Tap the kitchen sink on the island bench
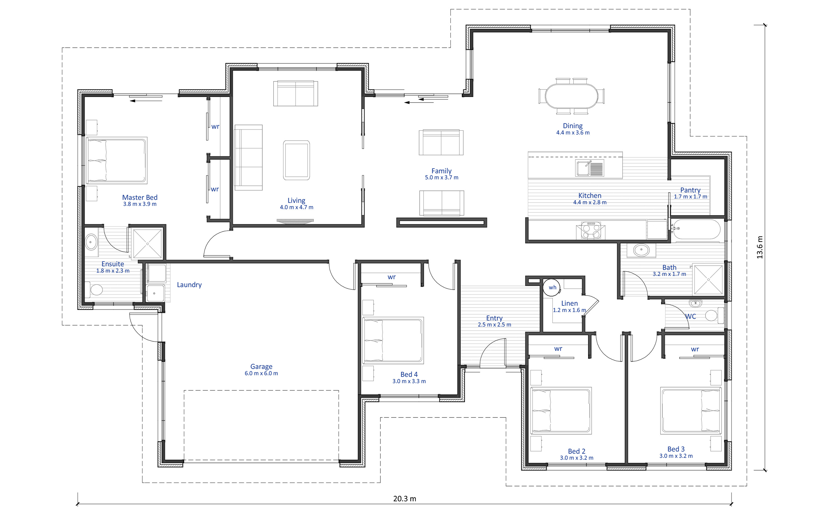coord(589,168)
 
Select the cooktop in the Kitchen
coord(591,230)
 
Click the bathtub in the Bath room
coord(696,229)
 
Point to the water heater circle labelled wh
coord(552,287)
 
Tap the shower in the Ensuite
coord(147,244)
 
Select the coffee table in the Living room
coord(296,160)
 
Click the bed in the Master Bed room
coord(116,160)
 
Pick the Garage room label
coord(261,366)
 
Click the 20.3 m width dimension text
coord(404,498)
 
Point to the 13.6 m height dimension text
coord(760,247)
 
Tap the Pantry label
coord(690,190)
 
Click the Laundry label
coord(189,285)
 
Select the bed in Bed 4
coord(393,340)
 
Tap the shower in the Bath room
coord(708,279)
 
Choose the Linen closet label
coord(569,303)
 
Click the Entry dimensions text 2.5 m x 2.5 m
coord(494,325)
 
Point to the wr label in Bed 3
coord(695,349)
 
